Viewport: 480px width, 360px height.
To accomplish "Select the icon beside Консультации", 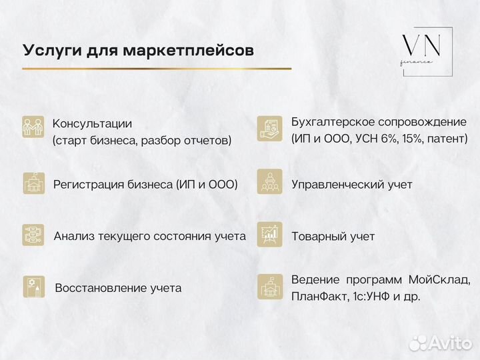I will click(33, 127).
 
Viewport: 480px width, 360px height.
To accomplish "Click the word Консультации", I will click(92, 123).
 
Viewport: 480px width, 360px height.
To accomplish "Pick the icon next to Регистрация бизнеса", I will click(33, 183).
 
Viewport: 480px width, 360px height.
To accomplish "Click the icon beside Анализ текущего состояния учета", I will click(33, 235).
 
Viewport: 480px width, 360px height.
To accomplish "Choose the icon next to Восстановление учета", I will click(33, 287).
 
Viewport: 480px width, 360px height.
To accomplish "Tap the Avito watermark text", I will click(449, 343).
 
